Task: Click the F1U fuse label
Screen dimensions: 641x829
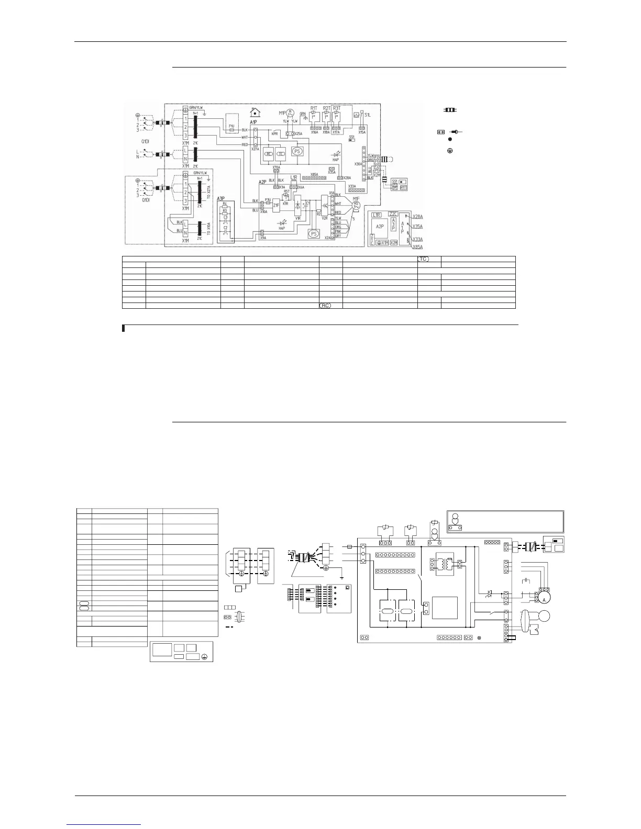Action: click(x=231, y=126)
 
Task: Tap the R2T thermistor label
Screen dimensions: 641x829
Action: click(x=326, y=108)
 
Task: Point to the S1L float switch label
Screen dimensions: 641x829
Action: click(x=368, y=114)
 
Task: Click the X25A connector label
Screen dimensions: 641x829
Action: click(x=299, y=134)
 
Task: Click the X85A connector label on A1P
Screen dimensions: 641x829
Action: click(x=314, y=174)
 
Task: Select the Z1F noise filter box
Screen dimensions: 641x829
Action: click(x=276, y=205)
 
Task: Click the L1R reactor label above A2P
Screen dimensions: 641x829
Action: click(x=294, y=177)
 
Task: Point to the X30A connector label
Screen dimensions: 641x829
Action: click(x=358, y=164)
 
